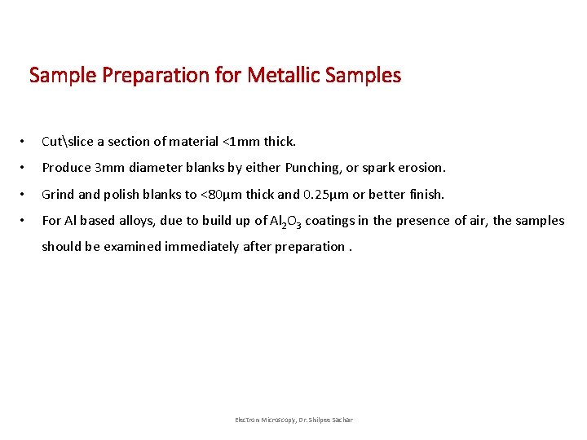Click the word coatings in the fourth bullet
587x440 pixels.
click(x=329, y=221)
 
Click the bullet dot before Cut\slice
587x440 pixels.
click(x=27, y=142)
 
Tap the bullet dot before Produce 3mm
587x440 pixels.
click(x=27, y=168)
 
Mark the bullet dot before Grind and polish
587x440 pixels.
click(x=27, y=195)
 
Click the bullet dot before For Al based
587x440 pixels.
click(x=27, y=221)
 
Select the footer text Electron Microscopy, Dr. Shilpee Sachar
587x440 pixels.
click(x=293, y=420)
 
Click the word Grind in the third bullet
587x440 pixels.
click(x=58, y=195)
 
